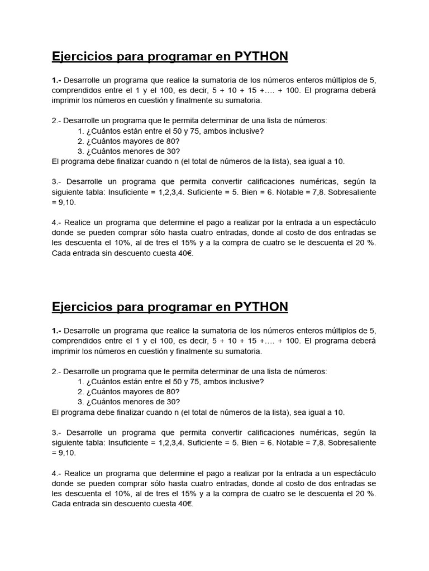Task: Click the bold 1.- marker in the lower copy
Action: (57, 331)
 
